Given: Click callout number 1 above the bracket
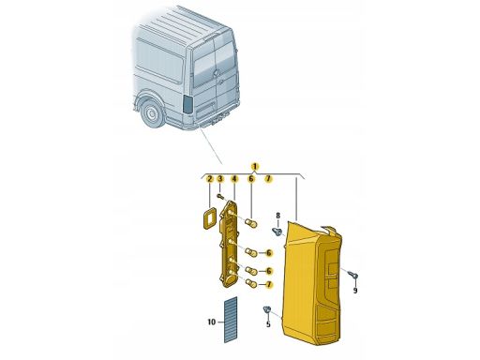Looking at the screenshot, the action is tap(255, 166).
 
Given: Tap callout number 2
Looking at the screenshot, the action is tap(210, 179).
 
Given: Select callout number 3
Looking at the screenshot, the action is tap(220, 179).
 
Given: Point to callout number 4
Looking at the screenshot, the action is tap(234, 179).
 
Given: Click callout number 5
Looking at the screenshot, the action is tap(268, 324).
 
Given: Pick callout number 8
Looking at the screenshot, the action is tap(277, 216).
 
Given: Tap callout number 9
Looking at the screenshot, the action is tap(355, 291).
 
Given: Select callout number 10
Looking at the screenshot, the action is tap(212, 322).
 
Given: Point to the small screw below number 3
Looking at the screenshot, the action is tap(220, 196).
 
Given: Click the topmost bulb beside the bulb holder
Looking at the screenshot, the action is tap(251, 223).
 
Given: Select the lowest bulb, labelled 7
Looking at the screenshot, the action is tap(251, 283).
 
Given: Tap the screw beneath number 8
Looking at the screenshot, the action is tap(277, 232).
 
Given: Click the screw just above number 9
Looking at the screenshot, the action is tap(353, 276).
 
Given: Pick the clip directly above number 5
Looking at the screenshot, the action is tap(266, 309).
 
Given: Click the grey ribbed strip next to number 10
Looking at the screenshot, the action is tap(231, 320).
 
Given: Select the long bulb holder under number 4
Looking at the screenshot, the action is tap(230, 244).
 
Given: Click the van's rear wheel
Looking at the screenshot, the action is tap(153, 113).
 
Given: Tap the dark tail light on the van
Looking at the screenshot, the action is tap(188, 103).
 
